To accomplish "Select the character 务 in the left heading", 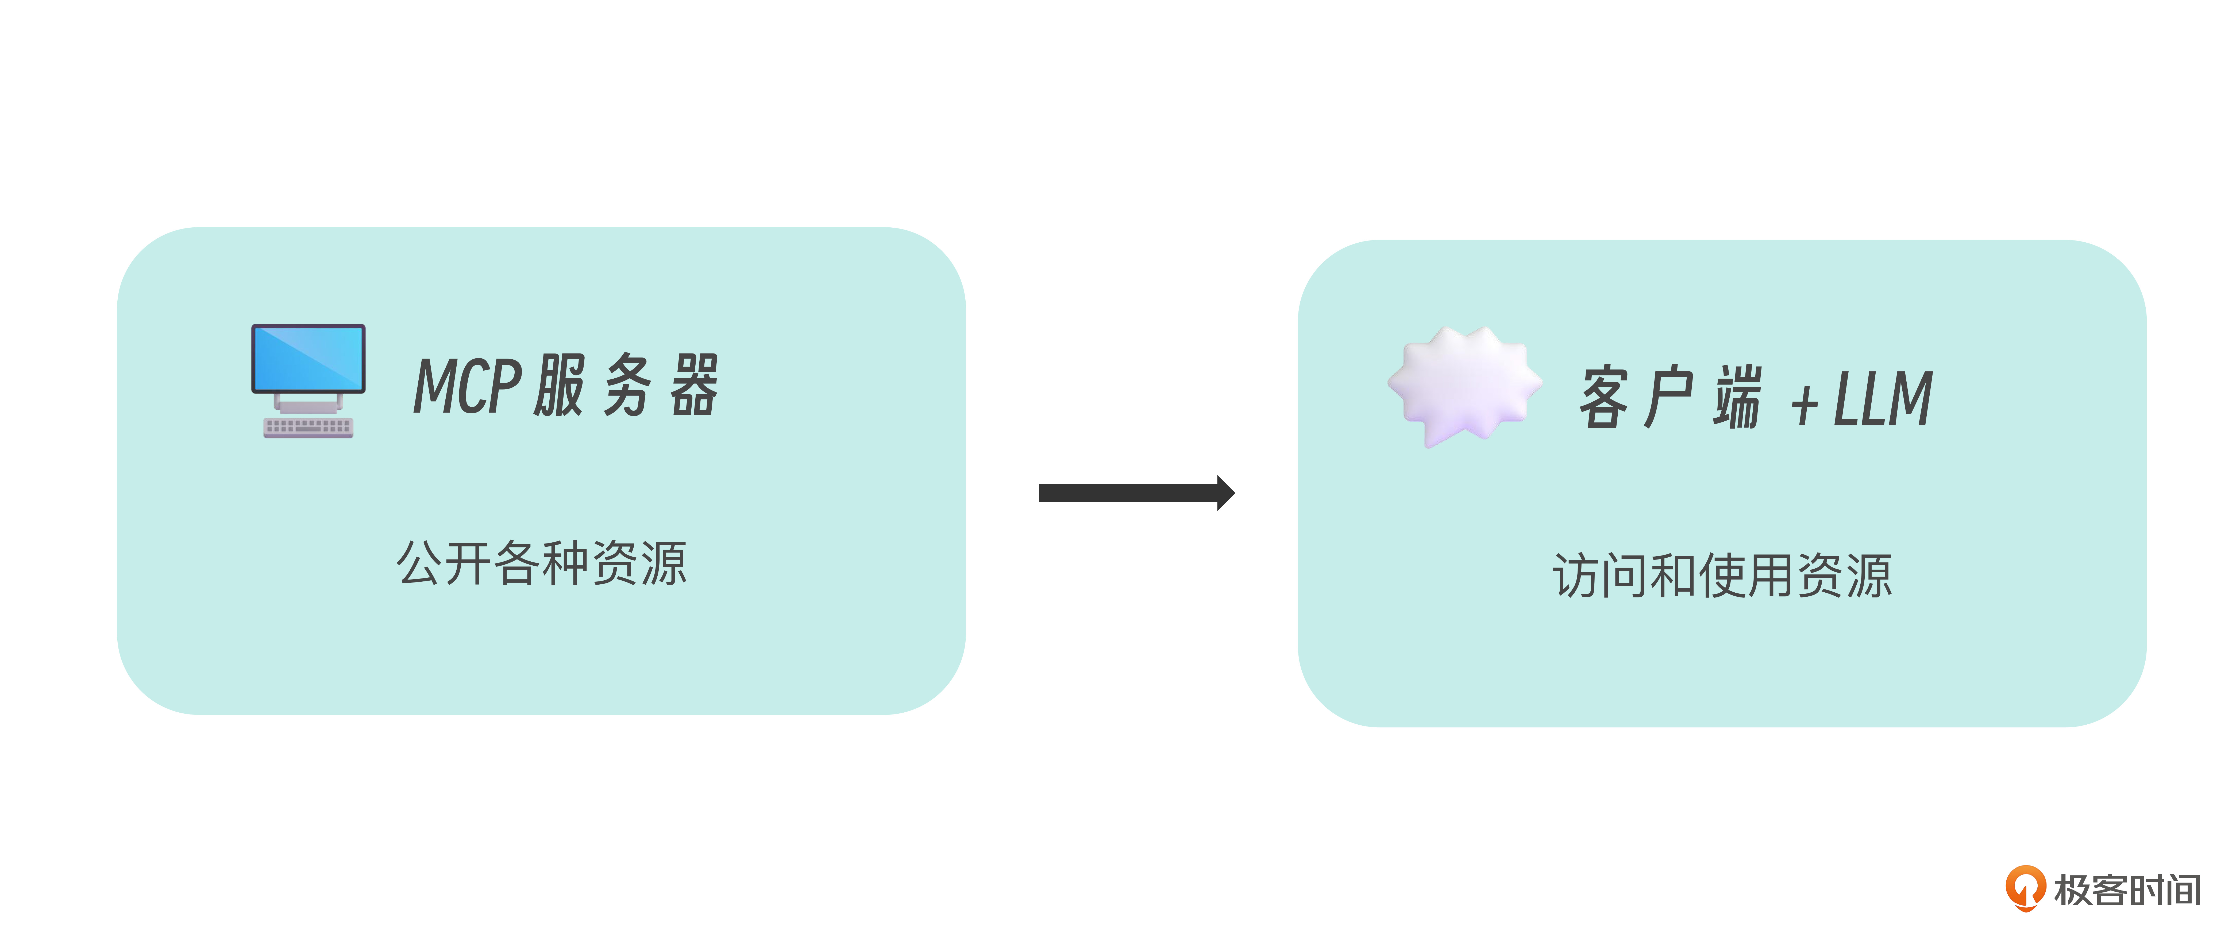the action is [627, 385].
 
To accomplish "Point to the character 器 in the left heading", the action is [694, 385].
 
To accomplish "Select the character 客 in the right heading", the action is [1604, 397].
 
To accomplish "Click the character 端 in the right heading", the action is [1737, 397].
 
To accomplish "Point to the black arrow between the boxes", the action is [1136, 493].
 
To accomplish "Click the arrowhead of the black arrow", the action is [1226, 493].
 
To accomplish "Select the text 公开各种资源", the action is [542, 563].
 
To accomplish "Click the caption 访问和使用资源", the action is [1723, 576].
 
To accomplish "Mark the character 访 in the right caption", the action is [1576, 576].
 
